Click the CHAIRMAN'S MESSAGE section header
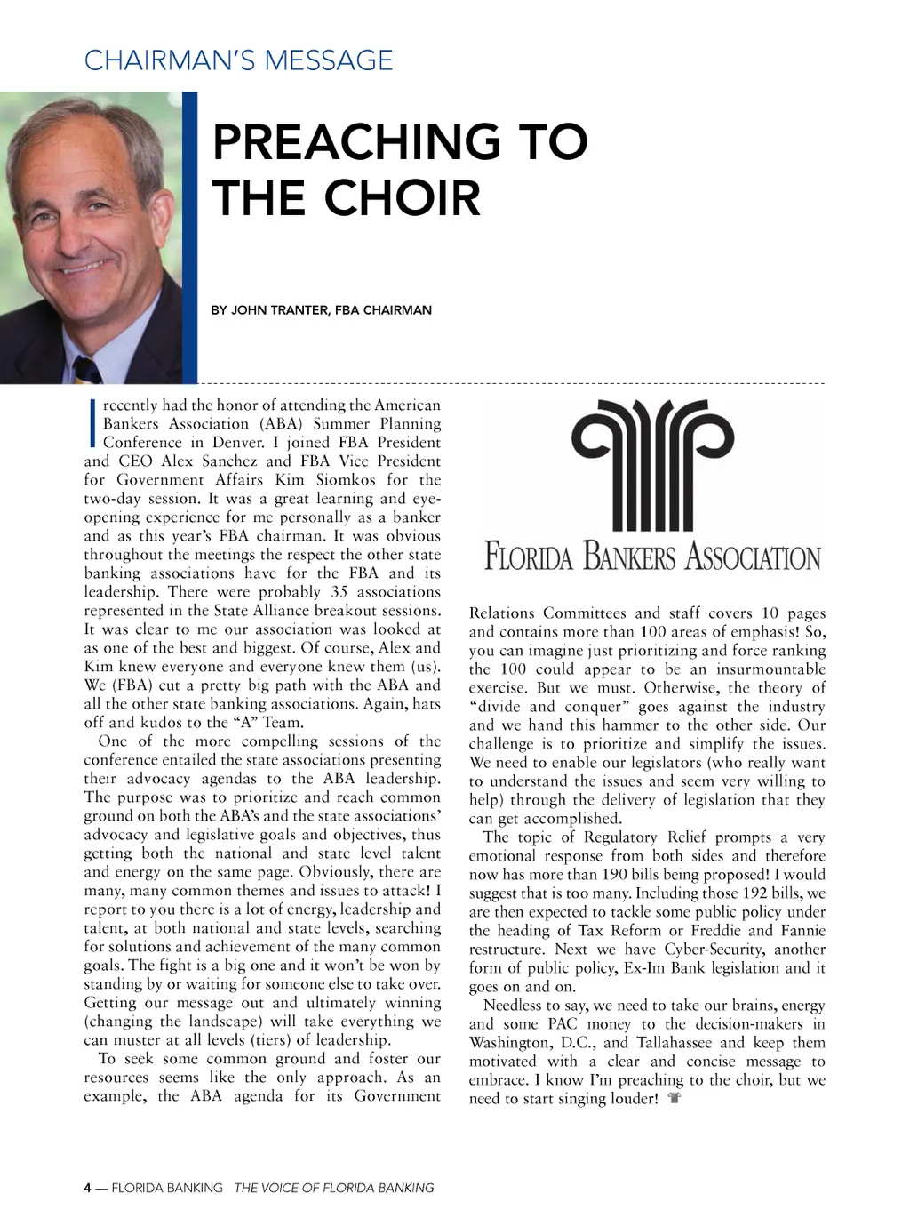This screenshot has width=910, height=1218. pyautogui.click(x=238, y=60)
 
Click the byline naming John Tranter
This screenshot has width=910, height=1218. pyautogui.click(x=321, y=310)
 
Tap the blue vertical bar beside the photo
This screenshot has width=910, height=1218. pyautogui.click(x=189, y=237)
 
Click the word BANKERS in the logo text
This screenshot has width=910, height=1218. pyautogui.click(x=629, y=557)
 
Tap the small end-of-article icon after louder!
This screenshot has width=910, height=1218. pyautogui.click(x=675, y=1098)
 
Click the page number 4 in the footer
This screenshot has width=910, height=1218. pyautogui.click(x=88, y=1188)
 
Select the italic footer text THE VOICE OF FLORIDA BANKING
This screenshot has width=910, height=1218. pyautogui.click(x=334, y=1188)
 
